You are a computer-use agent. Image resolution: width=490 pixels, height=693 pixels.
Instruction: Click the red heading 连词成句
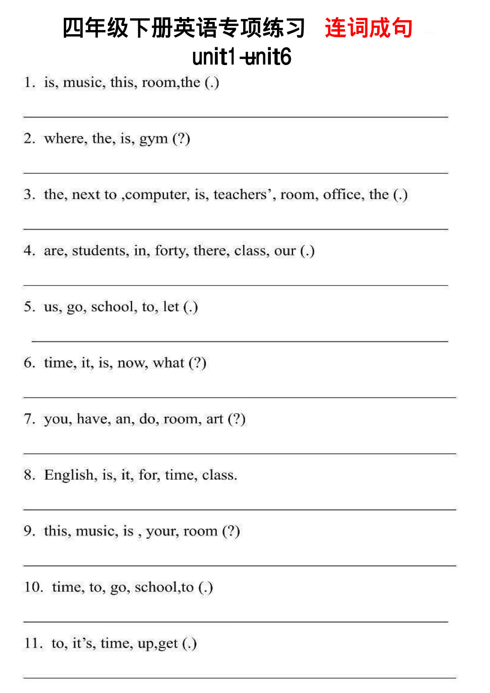(368, 28)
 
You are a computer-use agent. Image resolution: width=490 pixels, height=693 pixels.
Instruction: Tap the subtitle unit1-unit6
(242, 57)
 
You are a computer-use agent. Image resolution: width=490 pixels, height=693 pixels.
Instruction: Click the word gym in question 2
(153, 139)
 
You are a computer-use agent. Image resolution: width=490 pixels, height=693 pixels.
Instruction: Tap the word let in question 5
(171, 307)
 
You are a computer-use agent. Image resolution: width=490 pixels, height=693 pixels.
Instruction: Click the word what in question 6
(168, 363)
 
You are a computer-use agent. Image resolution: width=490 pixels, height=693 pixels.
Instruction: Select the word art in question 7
(214, 419)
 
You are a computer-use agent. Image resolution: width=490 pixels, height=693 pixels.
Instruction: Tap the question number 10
(33, 587)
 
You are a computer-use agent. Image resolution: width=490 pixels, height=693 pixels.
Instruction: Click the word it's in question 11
(84, 643)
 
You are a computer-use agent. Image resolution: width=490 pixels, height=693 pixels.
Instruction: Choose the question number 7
(29, 419)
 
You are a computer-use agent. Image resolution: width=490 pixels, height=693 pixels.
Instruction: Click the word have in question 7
(94, 419)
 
